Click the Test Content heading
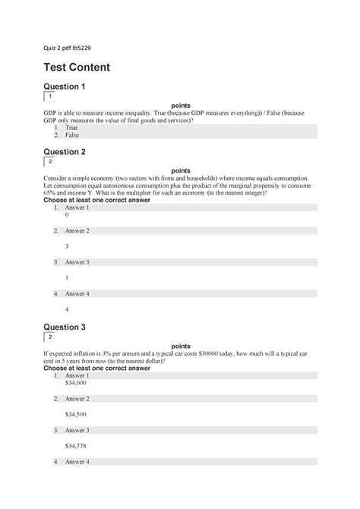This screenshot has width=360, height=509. pos(77,67)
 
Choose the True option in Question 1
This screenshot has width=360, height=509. pos(71,128)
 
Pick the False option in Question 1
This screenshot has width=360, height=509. pos(72,135)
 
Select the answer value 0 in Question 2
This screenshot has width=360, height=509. pos(67,215)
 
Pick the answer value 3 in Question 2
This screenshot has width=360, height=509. pos(67,246)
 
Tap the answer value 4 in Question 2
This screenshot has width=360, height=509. pos(67,309)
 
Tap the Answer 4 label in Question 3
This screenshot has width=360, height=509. pos(77,462)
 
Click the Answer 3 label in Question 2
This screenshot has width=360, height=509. pos(77,262)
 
